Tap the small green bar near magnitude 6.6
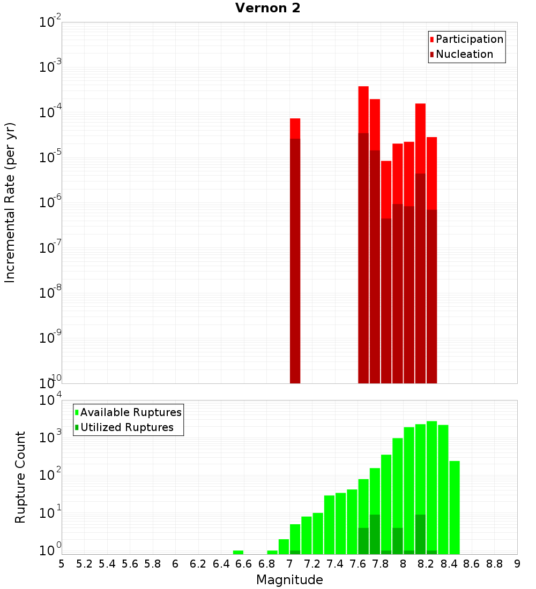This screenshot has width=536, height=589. click(238, 552)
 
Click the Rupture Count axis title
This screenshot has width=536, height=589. click(20, 477)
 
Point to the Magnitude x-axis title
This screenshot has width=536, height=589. click(289, 580)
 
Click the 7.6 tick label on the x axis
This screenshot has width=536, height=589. click(358, 564)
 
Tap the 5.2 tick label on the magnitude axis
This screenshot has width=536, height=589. click(84, 564)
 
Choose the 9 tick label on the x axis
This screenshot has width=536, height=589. click(517, 564)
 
